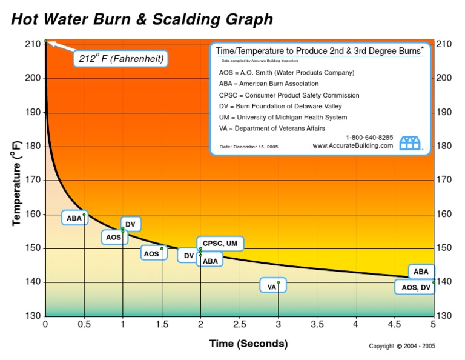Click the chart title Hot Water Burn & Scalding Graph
coord(142,19)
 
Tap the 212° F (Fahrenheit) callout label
coord(121,59)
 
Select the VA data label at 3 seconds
coord(272,287)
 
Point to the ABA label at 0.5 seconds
coord(74,218)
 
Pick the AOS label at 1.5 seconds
coord(151,253)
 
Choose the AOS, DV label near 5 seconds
coord(415,288)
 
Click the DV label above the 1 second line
coord(130,225)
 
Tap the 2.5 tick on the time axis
coord(239,324)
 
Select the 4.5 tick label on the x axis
coord(394,324)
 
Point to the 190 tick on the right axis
coord(444,112)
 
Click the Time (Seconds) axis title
coord(248,344)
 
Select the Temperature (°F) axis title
coord(17,183)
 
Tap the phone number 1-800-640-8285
coord(369,138)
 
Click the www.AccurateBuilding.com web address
coord(352,146)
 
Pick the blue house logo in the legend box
coord(410,144)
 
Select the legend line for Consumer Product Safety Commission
coord(289,95)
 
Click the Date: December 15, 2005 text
coord(248,147)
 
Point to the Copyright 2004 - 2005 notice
coord(402,347)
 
